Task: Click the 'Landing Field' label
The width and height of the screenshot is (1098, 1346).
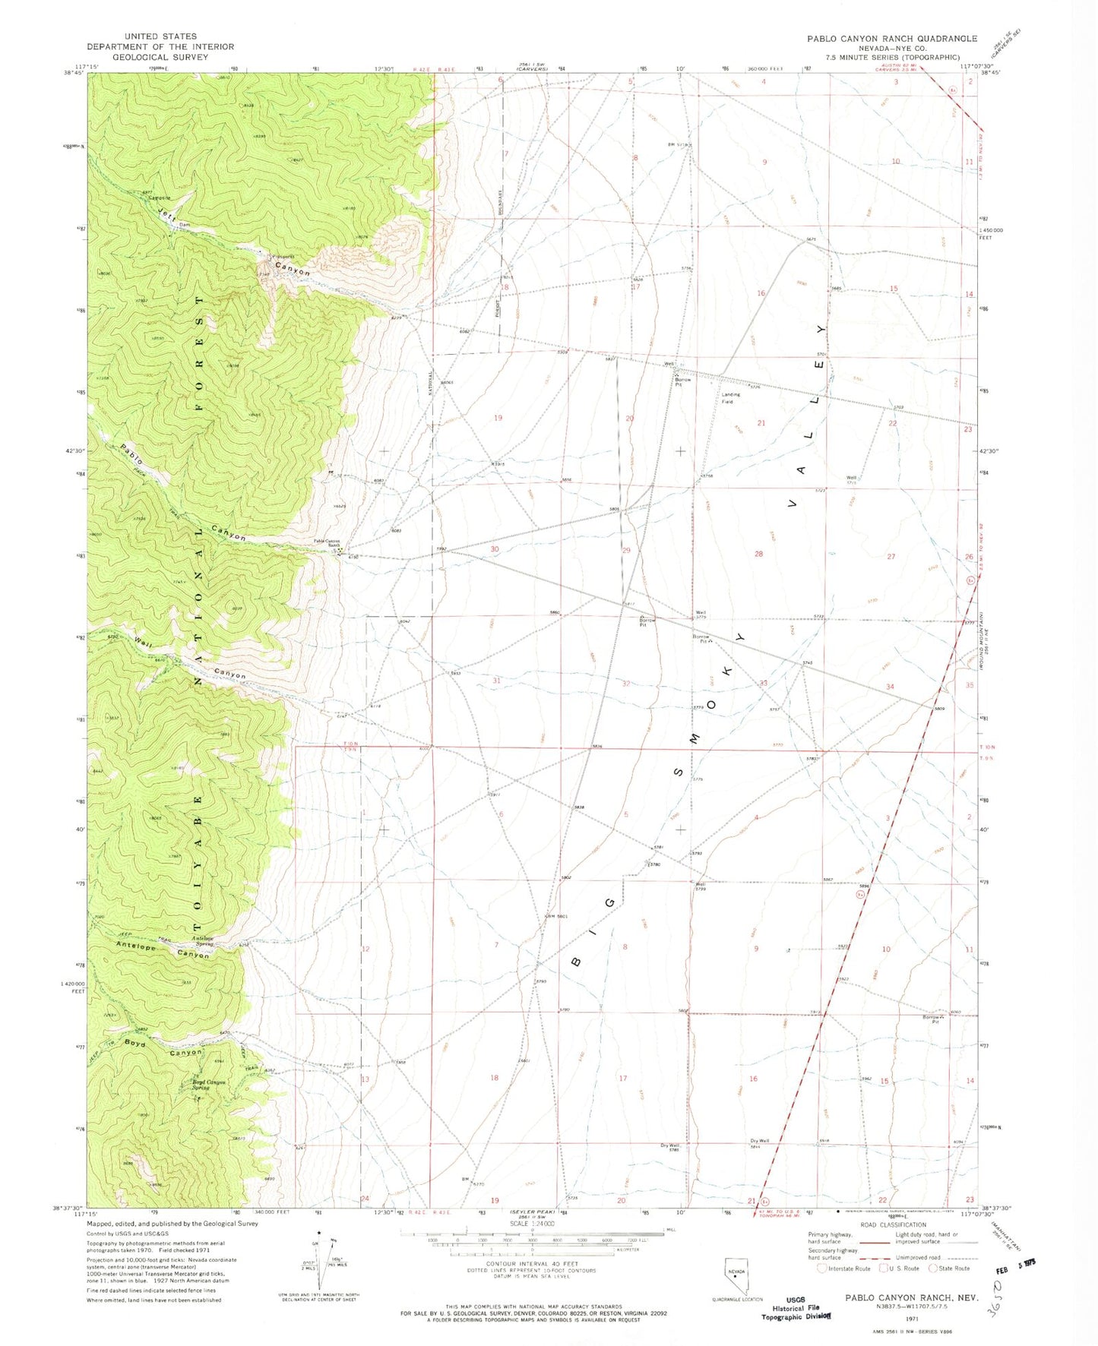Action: pyautogui.click(x=730, y=398)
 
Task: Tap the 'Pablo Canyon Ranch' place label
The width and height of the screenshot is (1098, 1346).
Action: pyautogui.click(x=328, y=543)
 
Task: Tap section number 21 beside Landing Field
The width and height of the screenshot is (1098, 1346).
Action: pyautogui.click(x=761, y=423)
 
